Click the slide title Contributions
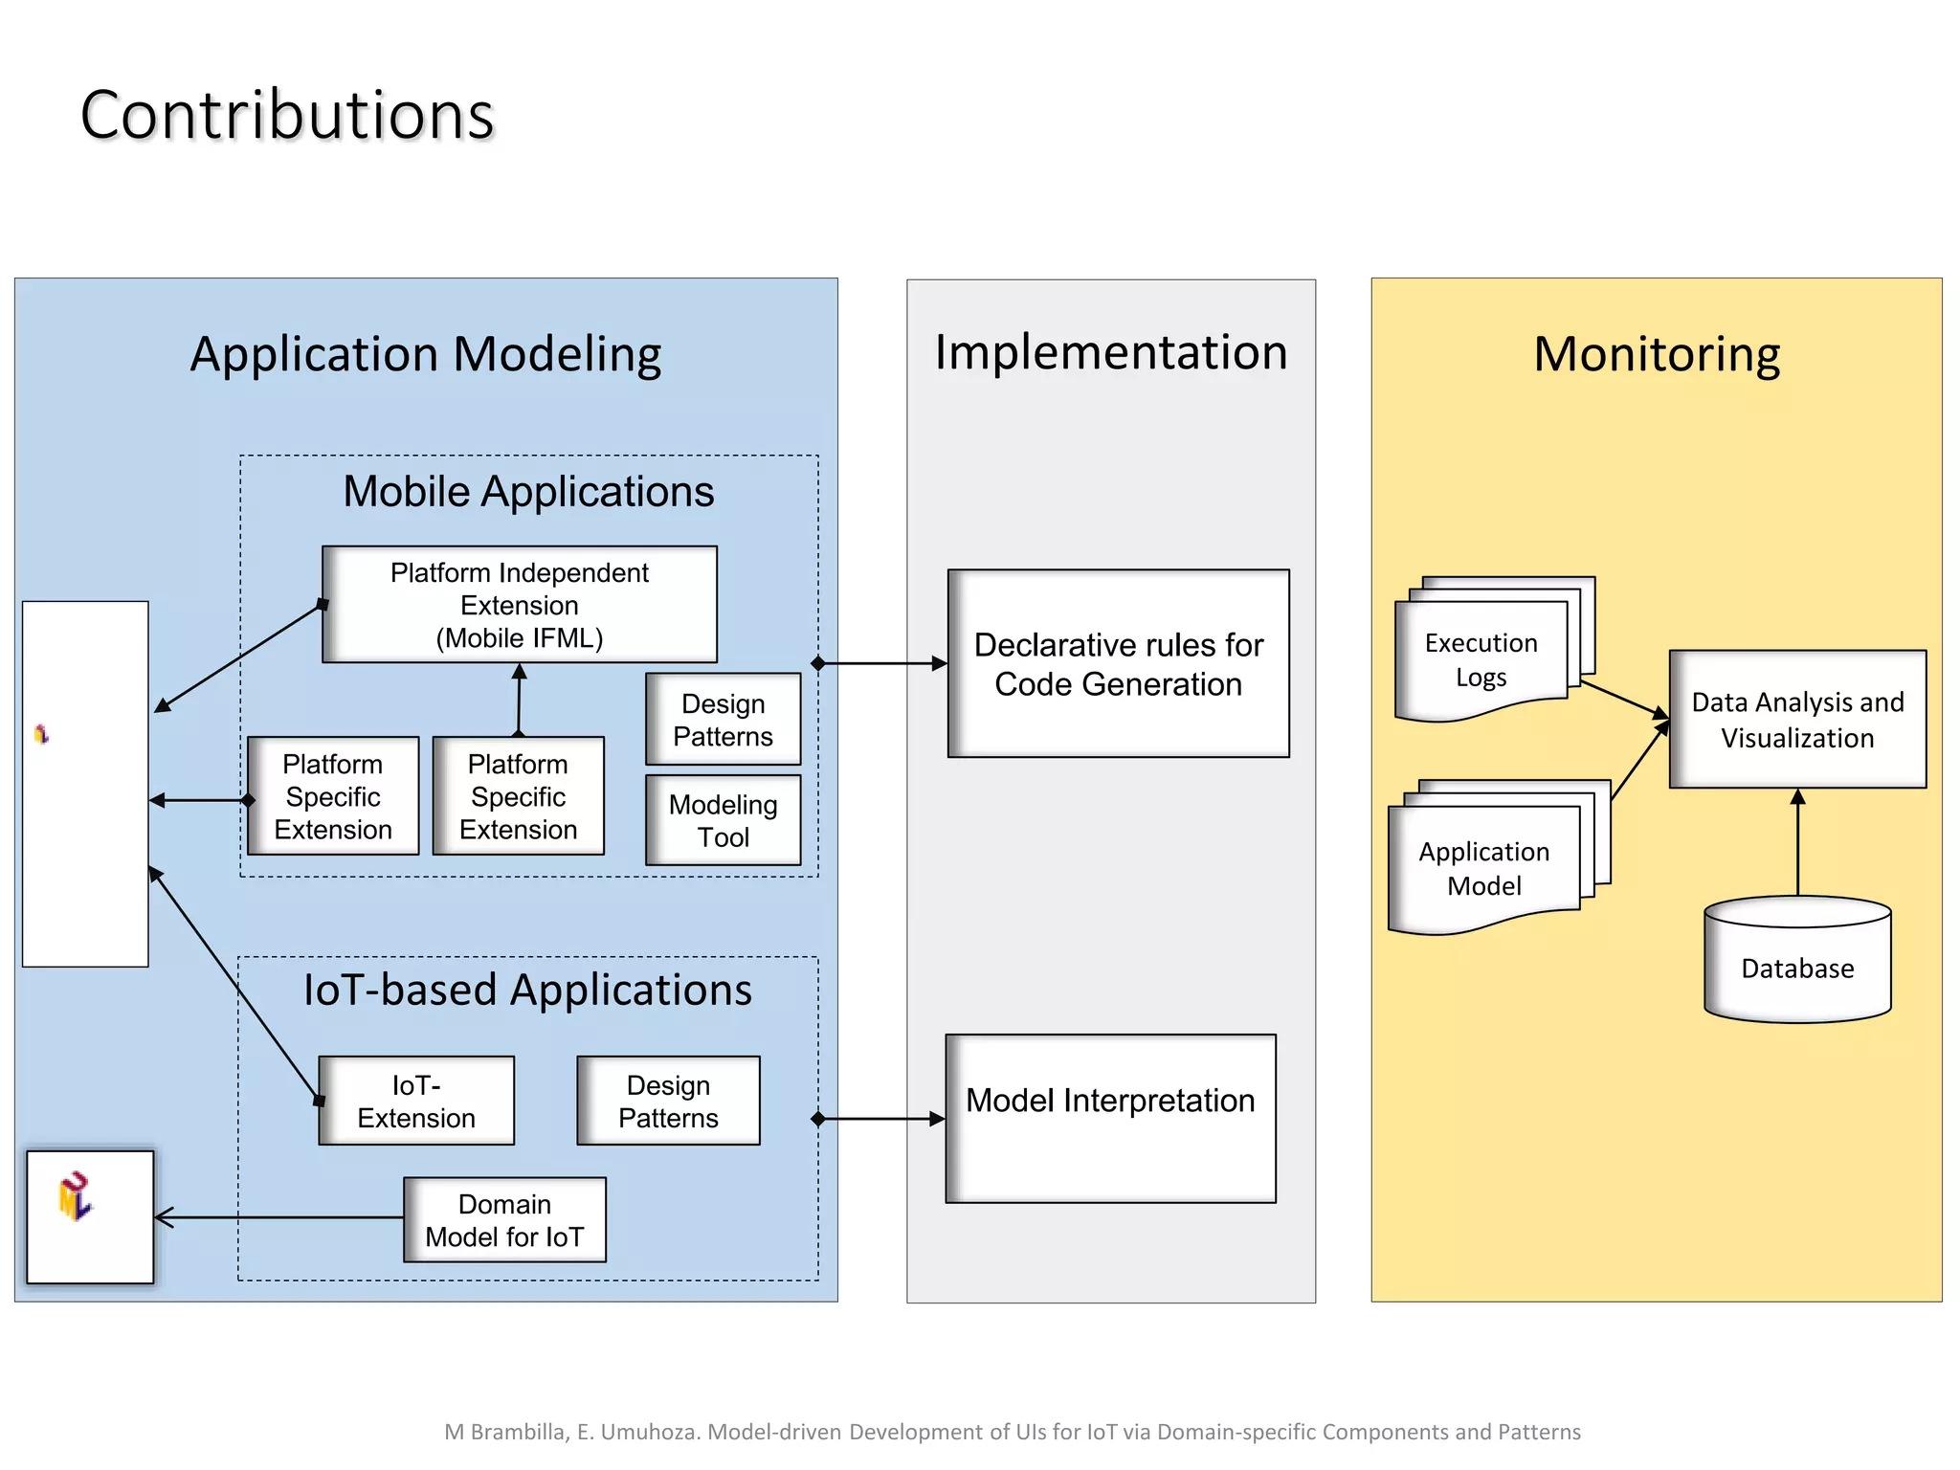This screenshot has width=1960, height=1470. point(287,115)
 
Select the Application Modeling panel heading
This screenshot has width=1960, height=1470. point(426,354)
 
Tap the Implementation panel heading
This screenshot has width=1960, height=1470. point(1111,352)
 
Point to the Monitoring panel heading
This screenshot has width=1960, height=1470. point(1657,354)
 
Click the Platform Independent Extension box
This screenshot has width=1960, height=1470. point(520,605)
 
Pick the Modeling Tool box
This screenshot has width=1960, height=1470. point(723,820)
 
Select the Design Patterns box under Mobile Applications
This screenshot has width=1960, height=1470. point(723,720)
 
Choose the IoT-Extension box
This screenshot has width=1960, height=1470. point(416,1101)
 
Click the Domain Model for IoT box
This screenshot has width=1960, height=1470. point(504,1220)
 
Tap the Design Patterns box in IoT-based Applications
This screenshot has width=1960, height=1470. point(668,1101)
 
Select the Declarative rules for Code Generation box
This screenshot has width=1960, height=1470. point(1118,664)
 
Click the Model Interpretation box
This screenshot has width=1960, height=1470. point(1110,1118)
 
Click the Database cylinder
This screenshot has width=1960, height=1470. point(1797,967)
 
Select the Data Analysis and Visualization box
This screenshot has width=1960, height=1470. point(1797,720)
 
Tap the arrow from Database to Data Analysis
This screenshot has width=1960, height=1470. point(1797,842)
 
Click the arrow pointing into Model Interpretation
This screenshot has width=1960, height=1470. point(880,1119)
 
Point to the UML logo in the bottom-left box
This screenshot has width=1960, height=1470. point(75,1196)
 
